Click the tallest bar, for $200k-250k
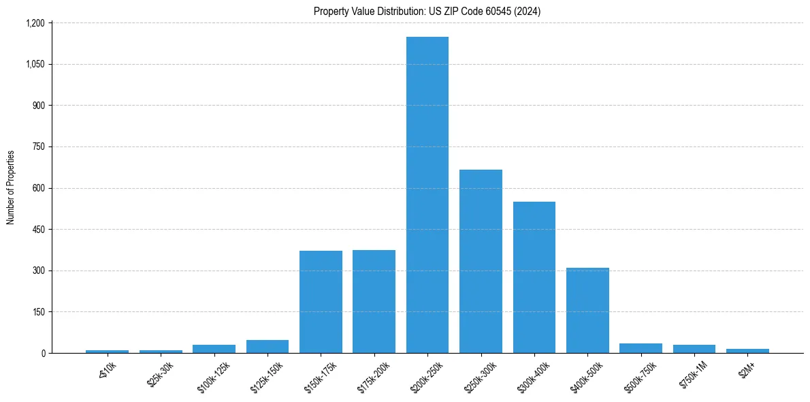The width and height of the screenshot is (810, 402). (x=427, y=195)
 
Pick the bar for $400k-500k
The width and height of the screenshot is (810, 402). (x=587, y=310)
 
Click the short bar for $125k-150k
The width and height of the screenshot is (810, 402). (x=268, y=346)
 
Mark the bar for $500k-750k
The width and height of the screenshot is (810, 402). (x=641, y=348)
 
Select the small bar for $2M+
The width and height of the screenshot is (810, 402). (x=747, y=351)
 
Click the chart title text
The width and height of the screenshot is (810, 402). (x=427, y=12)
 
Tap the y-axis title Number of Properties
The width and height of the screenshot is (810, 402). (x=11, y=187)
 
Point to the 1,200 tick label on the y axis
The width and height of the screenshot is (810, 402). (x=35, y=23)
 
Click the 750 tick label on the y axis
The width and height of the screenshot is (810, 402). (x=38, y=147)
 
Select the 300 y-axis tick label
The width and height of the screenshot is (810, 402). (x=38, y=270)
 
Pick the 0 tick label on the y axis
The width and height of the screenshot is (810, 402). (x=42, y=353)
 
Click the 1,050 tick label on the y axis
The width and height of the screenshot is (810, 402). (x=35, y=65)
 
